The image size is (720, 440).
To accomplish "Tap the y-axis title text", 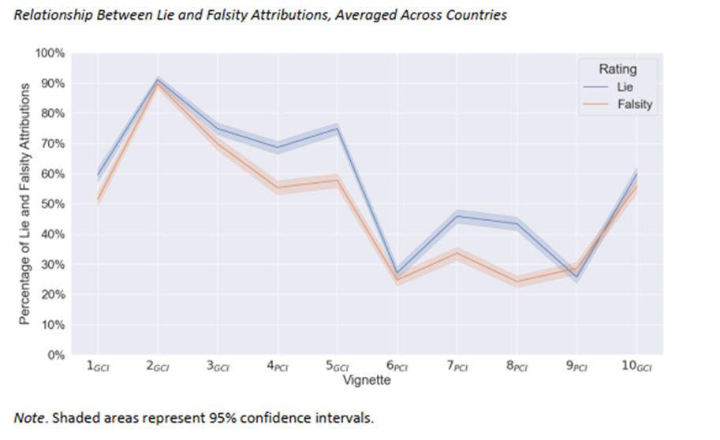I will coord(24,203).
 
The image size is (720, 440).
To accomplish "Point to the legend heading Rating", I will coord(617,69).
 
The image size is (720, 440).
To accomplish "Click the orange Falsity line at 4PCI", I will coord(278,187).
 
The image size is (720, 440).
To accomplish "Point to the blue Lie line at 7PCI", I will coord(457,216).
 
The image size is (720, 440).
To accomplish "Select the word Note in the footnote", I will coord(28,417).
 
